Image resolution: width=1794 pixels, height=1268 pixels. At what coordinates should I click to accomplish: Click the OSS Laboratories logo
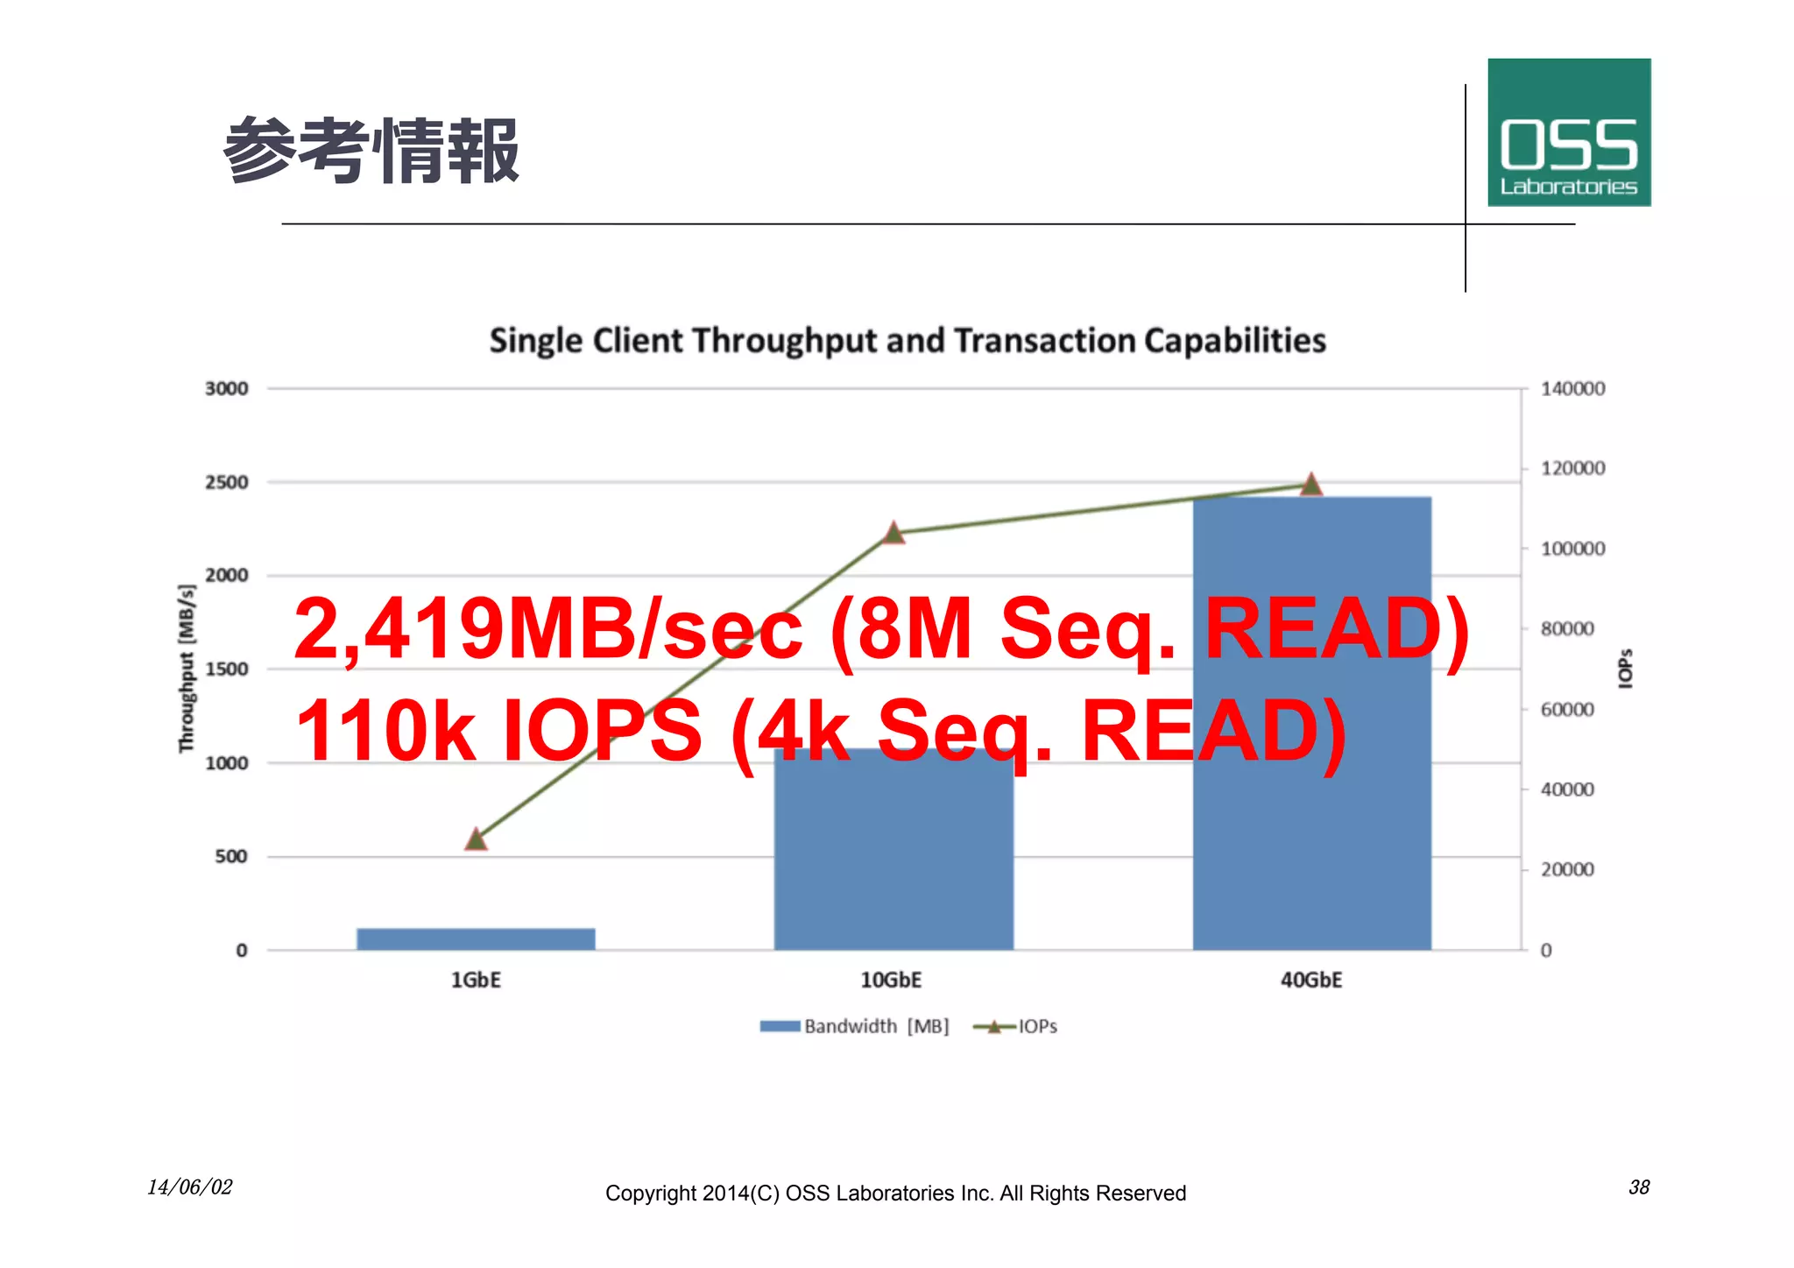[x=1568, y=132]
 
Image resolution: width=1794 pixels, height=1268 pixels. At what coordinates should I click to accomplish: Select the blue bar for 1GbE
[x=476, y=939]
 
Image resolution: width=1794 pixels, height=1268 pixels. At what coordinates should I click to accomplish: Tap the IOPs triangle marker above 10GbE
[x=893, y=533]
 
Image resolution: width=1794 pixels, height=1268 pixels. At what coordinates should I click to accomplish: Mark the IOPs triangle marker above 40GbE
[x=1310, y=485]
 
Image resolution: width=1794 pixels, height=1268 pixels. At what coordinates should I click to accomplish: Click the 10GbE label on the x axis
[x=891, y=980]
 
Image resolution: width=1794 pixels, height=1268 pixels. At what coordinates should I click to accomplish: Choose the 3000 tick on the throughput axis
[x=226, y=388]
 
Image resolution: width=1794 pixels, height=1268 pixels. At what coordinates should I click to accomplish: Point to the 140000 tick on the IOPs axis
[x=1572, y=388]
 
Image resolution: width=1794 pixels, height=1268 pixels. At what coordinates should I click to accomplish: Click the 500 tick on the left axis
[x=231, y=856]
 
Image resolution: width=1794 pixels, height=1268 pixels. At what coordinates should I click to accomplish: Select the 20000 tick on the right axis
[x=1567, y=869]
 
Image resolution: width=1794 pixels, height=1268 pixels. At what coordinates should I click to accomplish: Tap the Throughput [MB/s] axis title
[x=186, y=669]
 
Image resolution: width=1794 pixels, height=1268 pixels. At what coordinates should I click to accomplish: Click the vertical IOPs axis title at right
[x=1625, y=669]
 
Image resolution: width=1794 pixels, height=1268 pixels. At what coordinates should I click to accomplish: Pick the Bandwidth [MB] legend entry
[x=855, y=1026]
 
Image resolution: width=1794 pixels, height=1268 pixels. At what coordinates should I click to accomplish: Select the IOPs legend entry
[x=1016, y=1026]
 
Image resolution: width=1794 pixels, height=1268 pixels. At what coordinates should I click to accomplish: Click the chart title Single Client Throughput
[x=908, y=340]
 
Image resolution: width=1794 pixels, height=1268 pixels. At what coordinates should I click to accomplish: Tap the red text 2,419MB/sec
[x=547, y=628]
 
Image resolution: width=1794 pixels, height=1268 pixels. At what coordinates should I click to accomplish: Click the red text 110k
[x=385, y=730]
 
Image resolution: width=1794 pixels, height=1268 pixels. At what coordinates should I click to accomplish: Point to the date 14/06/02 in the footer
[x=189, y=1187]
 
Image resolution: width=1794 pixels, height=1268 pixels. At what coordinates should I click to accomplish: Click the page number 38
[x=1638, y=1187]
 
